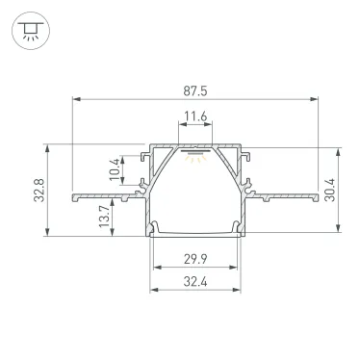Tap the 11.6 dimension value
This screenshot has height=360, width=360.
[195, 117]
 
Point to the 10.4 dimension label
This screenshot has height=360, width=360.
[115, 168]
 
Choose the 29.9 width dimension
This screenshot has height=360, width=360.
[195, 259]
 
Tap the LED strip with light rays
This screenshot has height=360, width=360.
[195, 154]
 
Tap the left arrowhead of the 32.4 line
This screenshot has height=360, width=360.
[151, 290]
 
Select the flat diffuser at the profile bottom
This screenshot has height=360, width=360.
[195, 232]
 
